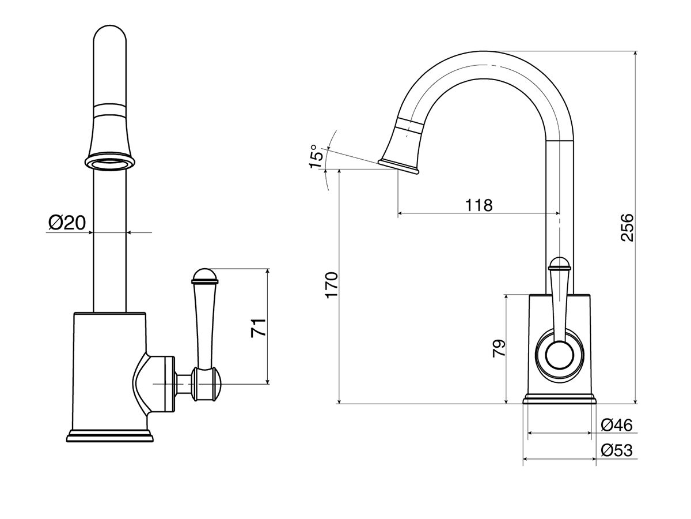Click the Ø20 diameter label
pos(67,223)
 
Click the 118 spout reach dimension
pos(479,205)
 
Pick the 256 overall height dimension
pos(627,227)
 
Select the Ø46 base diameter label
pos(616,425)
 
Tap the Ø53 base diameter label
pos(616,450)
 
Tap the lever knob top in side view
pos(559,265)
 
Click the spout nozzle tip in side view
pos(398,165)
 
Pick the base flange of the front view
pos(111,436)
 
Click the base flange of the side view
pos(559,399)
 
